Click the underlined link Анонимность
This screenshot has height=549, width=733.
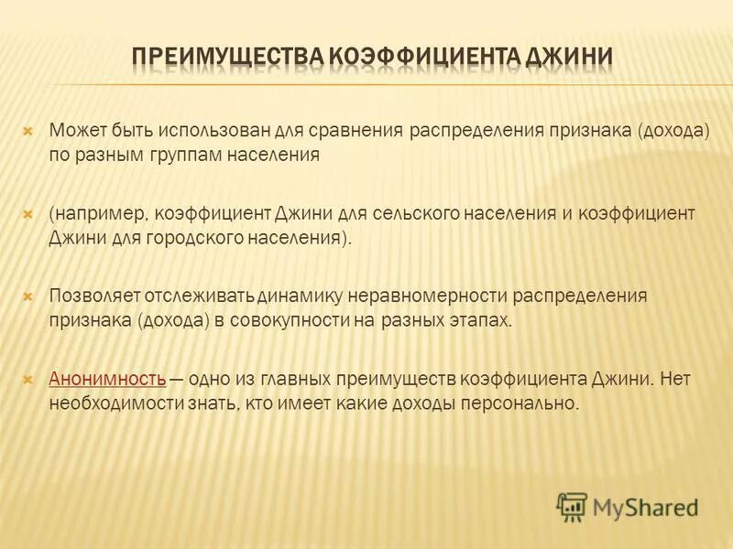[107, 379]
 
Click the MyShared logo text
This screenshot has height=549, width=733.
[646, 507]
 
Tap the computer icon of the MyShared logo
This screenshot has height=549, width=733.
[572, 506]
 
